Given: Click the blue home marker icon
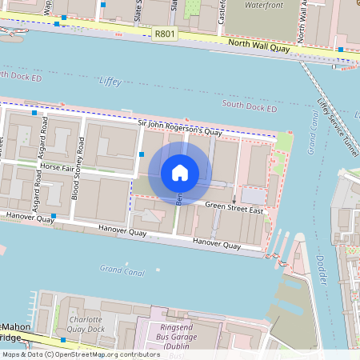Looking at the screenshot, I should tap(180, 172).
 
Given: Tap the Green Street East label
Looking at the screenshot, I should tap(234, 210).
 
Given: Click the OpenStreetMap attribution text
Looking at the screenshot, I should tap(80, 354).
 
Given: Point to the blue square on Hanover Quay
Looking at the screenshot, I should tap(54, 216).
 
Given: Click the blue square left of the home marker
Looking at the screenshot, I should tap(142, 153).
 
